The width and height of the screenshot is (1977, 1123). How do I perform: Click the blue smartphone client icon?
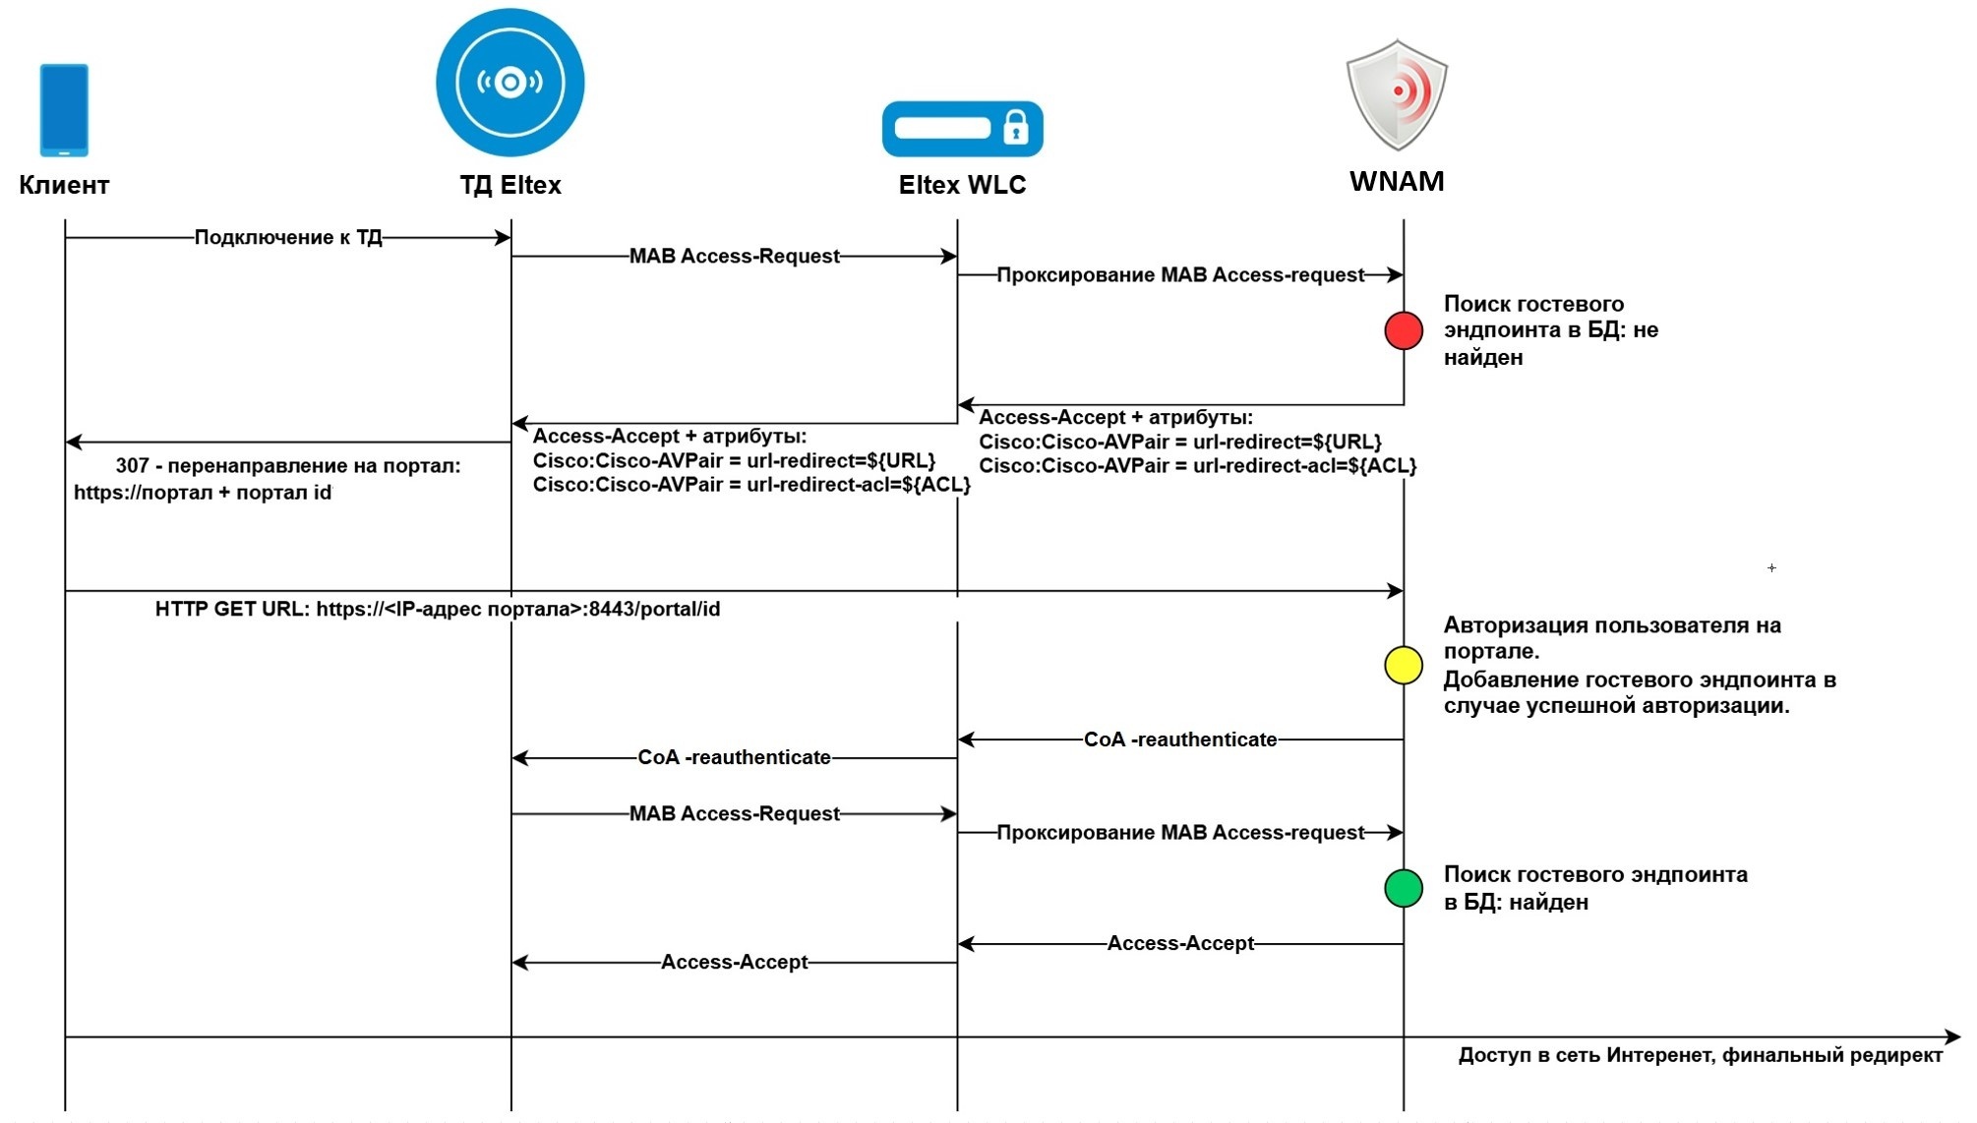click(x=64, y=109)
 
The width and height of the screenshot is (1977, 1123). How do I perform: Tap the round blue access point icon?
click(x=509, y=83)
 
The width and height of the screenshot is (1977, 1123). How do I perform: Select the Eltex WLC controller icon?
click(x=961, y=129)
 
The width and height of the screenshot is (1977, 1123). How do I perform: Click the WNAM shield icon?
click(x=1397, y=94)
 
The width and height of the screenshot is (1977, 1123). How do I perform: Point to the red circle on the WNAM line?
click(x=1404, y=330)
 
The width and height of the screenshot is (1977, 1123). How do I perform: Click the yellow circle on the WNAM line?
click(x=1404, y=666)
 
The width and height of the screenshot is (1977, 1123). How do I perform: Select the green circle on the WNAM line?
click(x=1404, y=888)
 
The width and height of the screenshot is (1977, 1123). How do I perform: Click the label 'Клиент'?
click(x=64, y=185)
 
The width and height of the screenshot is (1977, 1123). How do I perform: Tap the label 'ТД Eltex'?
click(x=509, y=185)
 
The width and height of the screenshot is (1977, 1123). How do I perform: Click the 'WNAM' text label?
click(x=1397, y=181)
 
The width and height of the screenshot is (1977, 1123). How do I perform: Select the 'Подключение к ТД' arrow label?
click(x=288, y=237)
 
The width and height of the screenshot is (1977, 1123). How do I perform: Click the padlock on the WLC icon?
click(x=1015, y=128)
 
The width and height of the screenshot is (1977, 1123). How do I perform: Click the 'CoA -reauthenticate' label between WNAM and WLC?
click(x=1180, y=739)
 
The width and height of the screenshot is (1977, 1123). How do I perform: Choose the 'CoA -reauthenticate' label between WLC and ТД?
click(x=734, y=757)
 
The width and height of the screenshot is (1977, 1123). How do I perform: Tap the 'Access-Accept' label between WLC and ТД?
click(x=734, y=962)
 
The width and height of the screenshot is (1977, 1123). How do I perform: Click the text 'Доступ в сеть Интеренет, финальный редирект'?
click(x=1700, y=1055)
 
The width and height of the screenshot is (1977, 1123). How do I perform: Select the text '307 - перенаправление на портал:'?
click(x=288, y=465)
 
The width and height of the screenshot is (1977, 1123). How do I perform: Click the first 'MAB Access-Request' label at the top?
click(x=734, y=256)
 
